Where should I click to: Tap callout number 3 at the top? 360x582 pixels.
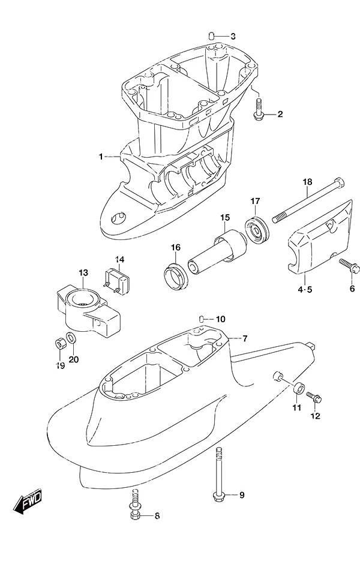(233, 37)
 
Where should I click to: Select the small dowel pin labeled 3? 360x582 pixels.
(211, 36)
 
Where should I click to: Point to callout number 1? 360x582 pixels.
(101, 157)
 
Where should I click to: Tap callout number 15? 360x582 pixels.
(225, 218)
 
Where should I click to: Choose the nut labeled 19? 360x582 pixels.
(59, 344)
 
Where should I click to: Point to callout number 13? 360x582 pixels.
(83, 273)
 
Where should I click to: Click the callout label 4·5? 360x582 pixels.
(305, 290)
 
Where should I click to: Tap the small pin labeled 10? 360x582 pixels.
(200, 319)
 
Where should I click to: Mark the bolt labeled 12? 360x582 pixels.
(314, 398)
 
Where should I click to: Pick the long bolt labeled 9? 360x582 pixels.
(218, 473)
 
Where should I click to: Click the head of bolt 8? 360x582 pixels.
(135, 515)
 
